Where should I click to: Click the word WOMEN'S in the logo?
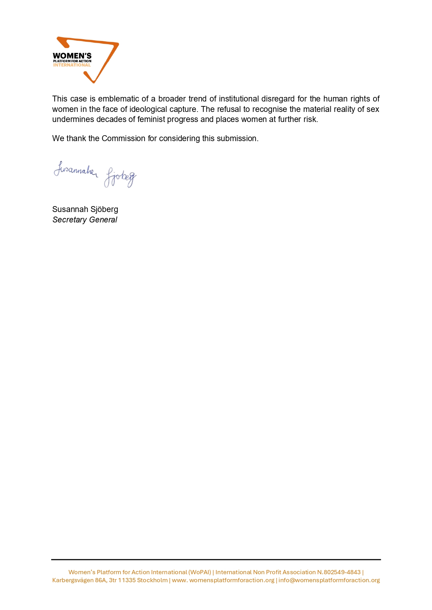pos(72,56)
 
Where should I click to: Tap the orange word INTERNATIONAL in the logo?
pos(72,65)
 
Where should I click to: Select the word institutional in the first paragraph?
pos(239,99)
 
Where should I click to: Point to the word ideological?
pos(148,109)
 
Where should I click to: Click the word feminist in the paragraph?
pos(151,119)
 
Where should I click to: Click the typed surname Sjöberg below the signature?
pos(104,209)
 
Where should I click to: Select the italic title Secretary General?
pos(85,220)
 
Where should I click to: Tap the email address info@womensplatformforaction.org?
pos(329,580)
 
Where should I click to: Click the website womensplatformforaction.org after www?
pos(232,580)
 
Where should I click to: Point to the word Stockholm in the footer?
pos(152,580)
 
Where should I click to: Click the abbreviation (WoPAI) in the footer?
pos(200,572)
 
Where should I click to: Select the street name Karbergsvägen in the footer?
pos(73,580)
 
